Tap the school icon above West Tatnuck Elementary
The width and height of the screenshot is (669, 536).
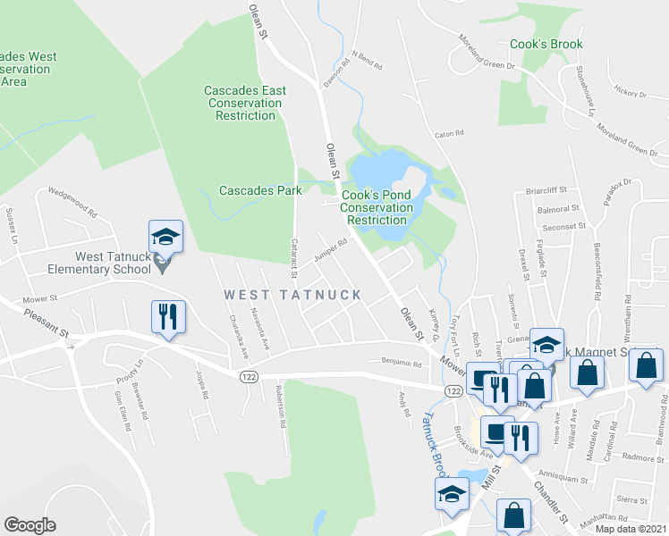click(165, 238)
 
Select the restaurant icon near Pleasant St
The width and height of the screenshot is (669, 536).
click(167, 316)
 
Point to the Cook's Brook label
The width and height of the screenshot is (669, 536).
click(546, 44)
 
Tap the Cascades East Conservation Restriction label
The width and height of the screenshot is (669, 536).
click(245, 103)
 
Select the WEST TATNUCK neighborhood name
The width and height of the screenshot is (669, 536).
click(292, 294)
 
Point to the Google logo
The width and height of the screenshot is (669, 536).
click(30, 525)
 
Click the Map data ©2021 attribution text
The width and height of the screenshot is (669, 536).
click(631, 529)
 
